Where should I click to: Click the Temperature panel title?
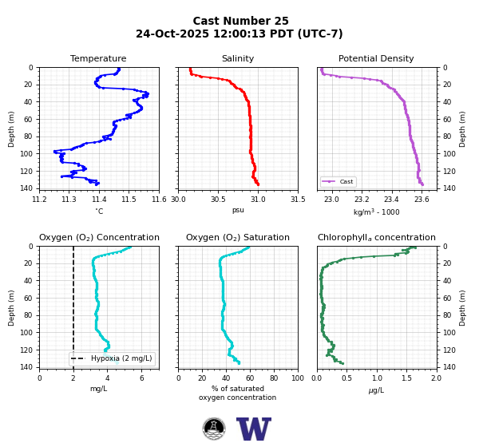98,58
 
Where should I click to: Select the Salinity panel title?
238,58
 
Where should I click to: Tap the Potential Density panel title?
376,58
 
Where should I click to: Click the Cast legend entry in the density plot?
338,181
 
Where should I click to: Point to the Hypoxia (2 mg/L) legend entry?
112,358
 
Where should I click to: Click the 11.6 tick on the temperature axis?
159,200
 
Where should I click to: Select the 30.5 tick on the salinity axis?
218,200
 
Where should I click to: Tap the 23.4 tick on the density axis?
391,200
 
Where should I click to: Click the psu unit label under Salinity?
238,210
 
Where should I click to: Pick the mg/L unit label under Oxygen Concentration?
98,389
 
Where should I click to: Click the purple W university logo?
254,429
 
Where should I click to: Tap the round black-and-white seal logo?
214,429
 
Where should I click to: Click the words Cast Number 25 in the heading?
241,21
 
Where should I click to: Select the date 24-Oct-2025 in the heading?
172,34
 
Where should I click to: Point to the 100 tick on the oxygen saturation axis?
298,378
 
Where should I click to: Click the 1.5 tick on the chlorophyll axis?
406,378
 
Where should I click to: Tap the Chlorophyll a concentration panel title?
376,237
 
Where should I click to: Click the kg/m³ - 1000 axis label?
376,212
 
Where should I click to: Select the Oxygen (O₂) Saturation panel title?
238,237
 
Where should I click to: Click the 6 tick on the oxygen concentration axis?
142,378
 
